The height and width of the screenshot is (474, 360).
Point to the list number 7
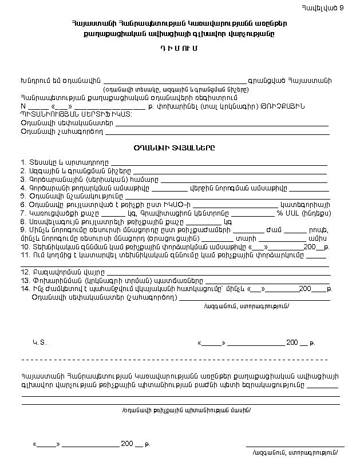[x=22, y=213]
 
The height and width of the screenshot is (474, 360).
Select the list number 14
[x=25, y=288]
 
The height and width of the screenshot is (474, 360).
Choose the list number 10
[x=25, y=246]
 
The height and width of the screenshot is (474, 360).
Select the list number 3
[x=22, y=180]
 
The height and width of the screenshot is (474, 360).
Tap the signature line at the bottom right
[x=295, y=445]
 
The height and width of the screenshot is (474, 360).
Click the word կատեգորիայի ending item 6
[x=305, y=204]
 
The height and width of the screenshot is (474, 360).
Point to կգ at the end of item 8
[x=228, y=221]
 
